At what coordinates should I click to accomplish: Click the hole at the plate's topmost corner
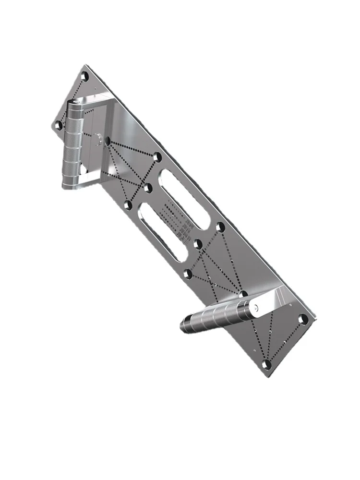click(x=85, y=77)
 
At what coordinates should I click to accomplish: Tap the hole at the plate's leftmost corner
click(x=58, y=126)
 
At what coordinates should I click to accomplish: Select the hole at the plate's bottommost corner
click(x=268, y=364)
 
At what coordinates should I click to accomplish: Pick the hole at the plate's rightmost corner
click(x=303, y=319)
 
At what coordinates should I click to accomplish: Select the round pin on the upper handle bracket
click(x=98, y=139)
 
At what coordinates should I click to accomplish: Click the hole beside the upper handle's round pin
click(x=108, y=141)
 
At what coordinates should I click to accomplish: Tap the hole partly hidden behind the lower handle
click(x=243, y=293)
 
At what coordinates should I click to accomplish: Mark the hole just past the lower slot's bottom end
click(x=189, y=274)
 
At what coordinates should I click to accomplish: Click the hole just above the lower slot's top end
click(x=128, y=205)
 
